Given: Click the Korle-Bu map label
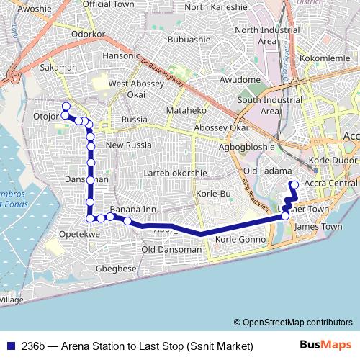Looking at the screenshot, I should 213,194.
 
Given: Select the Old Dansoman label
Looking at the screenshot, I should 171,249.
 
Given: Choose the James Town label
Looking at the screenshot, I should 318,226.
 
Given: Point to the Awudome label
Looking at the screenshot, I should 239,79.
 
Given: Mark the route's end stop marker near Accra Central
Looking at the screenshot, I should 294,184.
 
